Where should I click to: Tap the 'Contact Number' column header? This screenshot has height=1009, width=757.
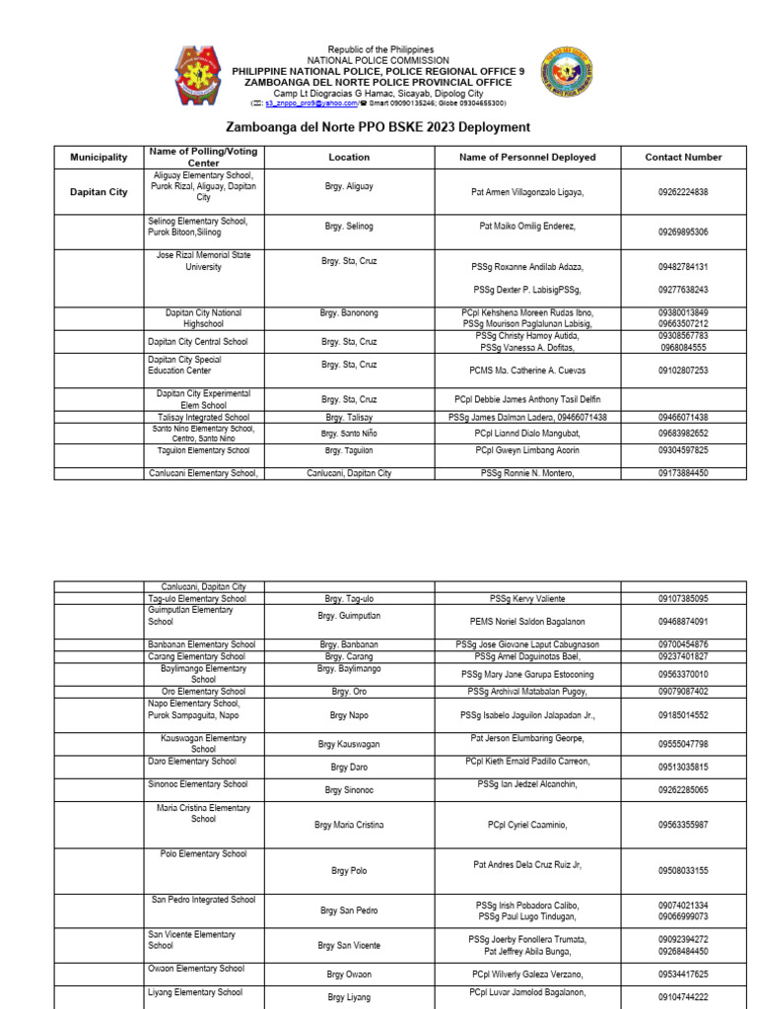click(683, 157)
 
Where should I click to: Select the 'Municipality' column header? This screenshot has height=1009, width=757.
click(99, 157)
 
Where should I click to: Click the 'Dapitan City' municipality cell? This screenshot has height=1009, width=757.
click(99, 192)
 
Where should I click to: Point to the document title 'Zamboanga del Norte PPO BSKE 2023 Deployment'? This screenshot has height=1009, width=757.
click(378, 127)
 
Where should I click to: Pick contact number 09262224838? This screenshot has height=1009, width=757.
click(683, 192)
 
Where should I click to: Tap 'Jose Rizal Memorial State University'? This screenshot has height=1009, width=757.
click(204, 261)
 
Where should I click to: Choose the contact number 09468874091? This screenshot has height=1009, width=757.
click(683, 622)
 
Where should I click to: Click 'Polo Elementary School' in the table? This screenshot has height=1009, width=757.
click(204, 854)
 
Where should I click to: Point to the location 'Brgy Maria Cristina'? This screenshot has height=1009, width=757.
click(349, 825)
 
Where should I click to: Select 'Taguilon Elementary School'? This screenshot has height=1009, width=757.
click(204, 450)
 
